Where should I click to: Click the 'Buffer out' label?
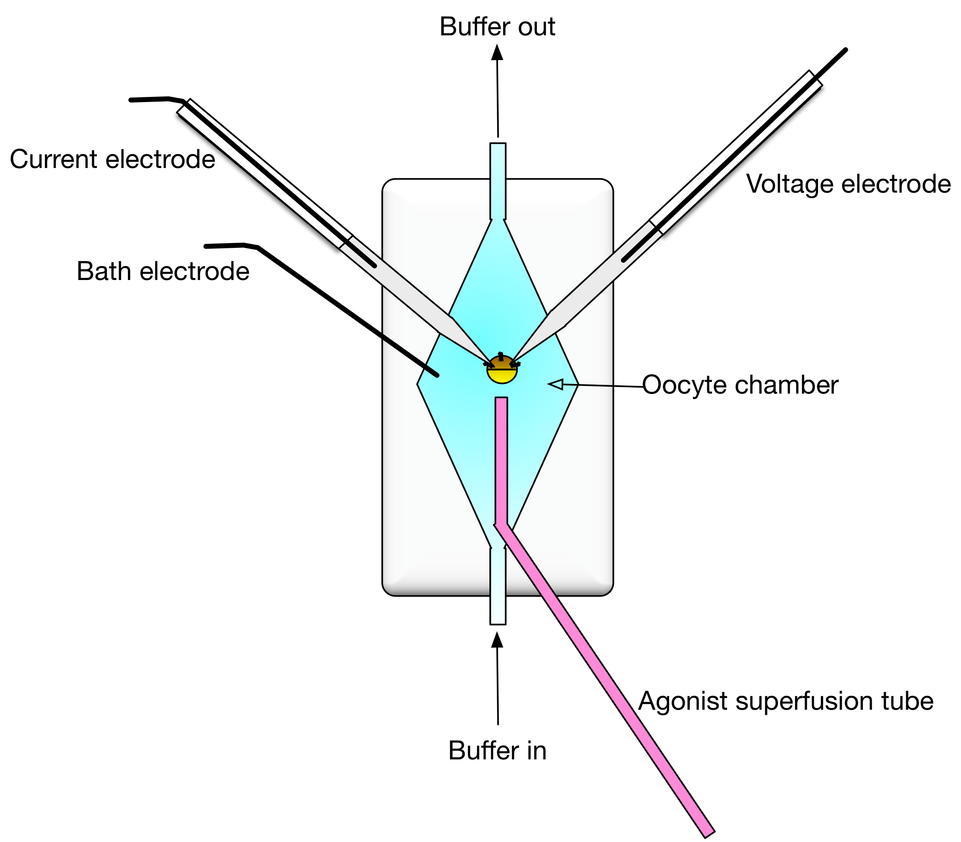(x=497, y=27)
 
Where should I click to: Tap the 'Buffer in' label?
(x=497, y=750)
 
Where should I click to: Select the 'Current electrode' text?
(x=112, y=159)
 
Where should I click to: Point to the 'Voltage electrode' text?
(x=848, y=184)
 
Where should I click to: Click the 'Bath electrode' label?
(x=162, y=272)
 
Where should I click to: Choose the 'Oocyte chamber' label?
(x=740, y=385)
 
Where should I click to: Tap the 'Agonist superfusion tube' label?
(x=785, y=701)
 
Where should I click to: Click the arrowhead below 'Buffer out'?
(x=497, y=52)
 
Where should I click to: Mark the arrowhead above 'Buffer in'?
(x=497, y=640)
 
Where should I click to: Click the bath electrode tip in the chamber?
(x=436, y=375)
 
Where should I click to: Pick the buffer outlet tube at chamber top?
(x=498, y=181)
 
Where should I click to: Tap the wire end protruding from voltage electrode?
(x=845, y=50)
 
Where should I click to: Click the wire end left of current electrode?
(x=131, y=100)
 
